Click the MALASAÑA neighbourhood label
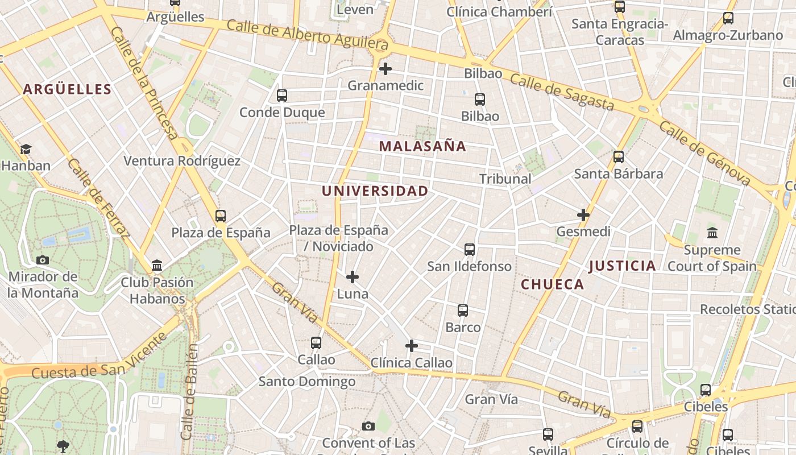pos(422,146)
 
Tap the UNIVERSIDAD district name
pos(375,191)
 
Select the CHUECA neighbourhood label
pos(552,284)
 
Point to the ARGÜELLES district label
pos(67,89)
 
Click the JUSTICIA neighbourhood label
pos(622,266)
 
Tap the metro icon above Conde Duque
pos(282,96)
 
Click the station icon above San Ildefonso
pos(470,250)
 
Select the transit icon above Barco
pos(463,311)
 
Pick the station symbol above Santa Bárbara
pos(619,157)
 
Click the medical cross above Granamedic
pos(385,69)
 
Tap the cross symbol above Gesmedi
pos(583,215)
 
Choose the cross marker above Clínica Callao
pos(412,346)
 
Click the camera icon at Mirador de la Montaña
pos(43,260)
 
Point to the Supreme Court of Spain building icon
pos(712,233)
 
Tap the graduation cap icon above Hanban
pos(26,150)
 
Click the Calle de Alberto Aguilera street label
pos(307,34)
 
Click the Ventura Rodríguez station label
pos(182,161)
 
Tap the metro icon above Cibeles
pos(706,390)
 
